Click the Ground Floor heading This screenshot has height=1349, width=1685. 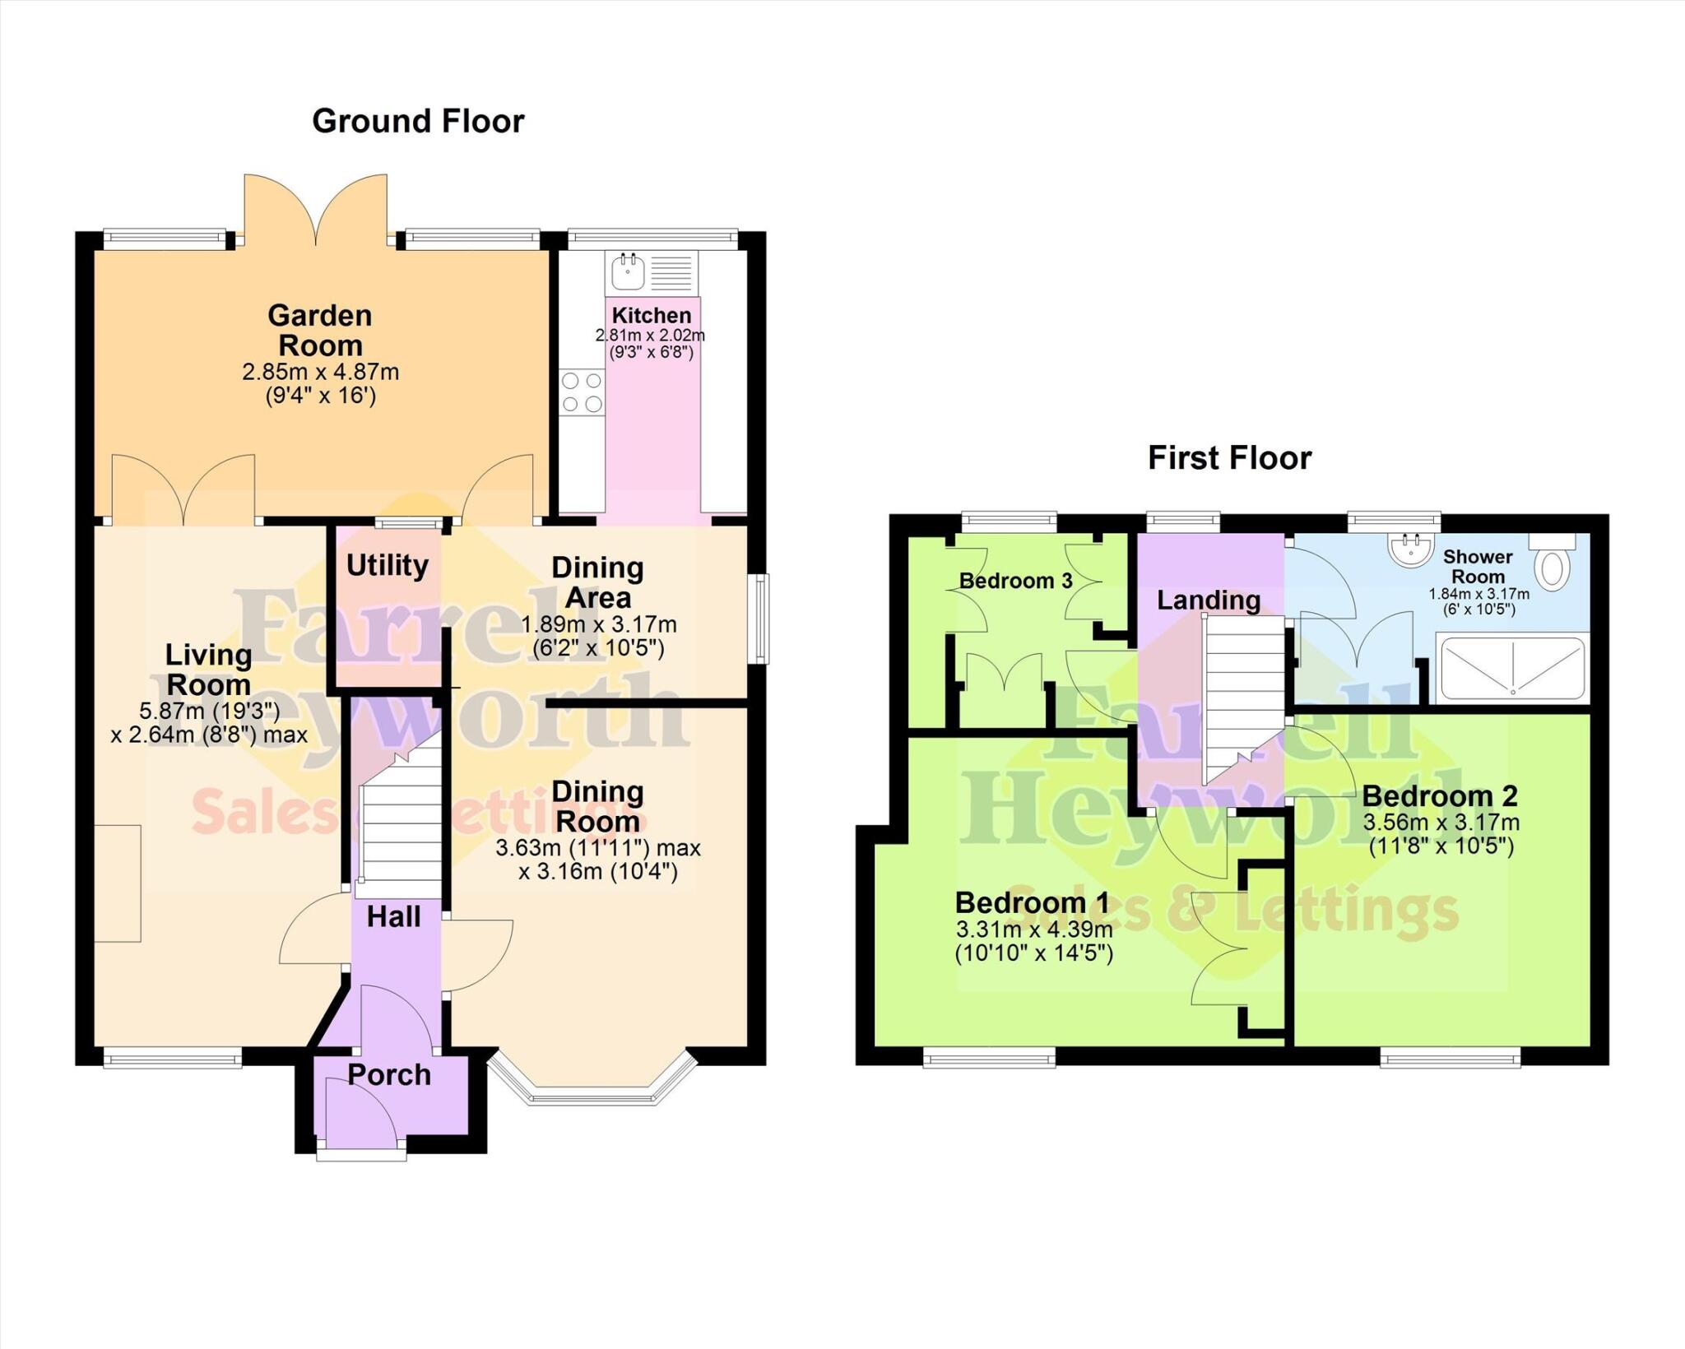coord(418,121)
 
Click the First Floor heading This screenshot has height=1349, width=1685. coord(1229,457)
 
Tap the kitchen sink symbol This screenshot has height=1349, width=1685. coord(629,271)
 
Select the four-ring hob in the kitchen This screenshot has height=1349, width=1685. coord(581,392)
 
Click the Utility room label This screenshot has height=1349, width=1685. coord(387,565)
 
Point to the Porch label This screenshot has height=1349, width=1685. coord(388,1074)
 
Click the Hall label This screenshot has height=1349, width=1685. coord(393,916)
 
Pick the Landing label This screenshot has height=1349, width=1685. coord(1208,600)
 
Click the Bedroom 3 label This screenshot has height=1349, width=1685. coord(1015,581)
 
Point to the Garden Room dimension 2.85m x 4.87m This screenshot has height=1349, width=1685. coord(320,372)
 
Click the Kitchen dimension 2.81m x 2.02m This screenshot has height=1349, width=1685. coord(650,336)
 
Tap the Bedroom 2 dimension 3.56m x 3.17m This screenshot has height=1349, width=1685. coord(1441,822)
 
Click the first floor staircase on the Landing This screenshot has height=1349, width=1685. coord(1244,699)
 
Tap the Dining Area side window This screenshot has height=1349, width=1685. coord(763,619)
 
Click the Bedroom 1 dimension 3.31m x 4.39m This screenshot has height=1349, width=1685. coord(1033,929)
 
